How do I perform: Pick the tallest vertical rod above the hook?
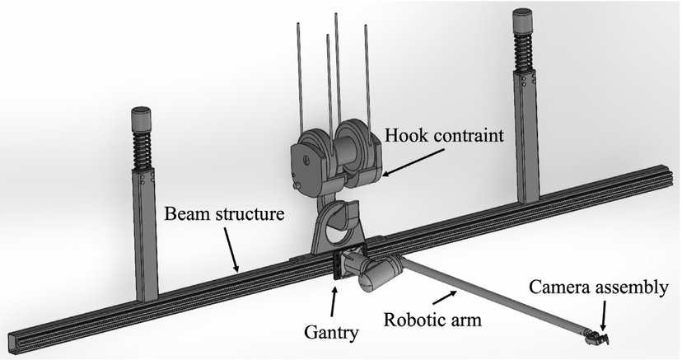pos(337,66)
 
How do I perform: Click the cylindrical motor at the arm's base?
pos(379,273)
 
